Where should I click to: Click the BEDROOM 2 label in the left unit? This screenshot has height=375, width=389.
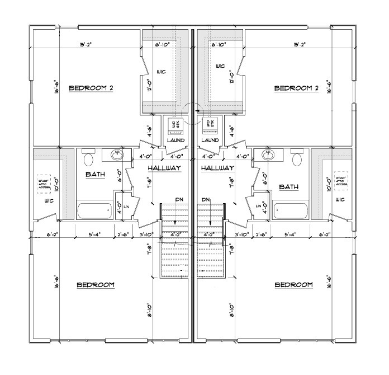[91, 88]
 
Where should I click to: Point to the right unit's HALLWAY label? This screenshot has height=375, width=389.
[217, 168]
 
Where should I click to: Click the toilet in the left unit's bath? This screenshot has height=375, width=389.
[88, 159]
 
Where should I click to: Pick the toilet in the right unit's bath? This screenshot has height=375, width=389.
[297, 159]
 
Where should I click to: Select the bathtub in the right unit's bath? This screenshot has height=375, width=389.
[289, 211]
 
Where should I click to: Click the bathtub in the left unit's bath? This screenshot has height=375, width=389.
[94, 211]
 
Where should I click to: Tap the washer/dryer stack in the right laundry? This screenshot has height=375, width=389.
[210, 124]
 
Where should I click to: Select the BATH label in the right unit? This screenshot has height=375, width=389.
[287, 187]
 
